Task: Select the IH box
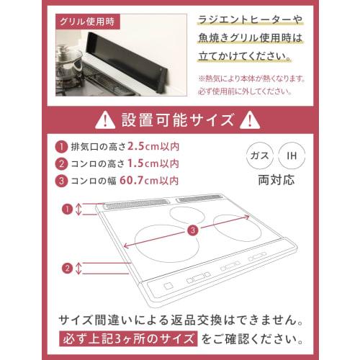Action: [291, 155]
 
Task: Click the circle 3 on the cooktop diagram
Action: [192, 230]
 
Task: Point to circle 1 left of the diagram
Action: [67, 209]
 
